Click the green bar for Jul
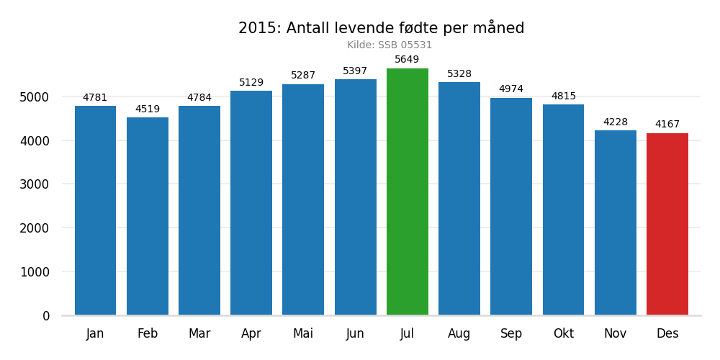(408, 192)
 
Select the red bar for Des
(667, 224)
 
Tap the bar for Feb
(148, 216)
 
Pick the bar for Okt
(563, 210)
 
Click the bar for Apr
(251, 203)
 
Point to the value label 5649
(407, 60)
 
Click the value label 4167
(667, 125)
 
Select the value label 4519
(148, 109)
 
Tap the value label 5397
(355, 71)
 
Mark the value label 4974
(511, 89)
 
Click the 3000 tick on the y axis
(35, 184)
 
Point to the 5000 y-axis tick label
(35, 97)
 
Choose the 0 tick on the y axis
(46, 316)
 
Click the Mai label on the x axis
(303, 334)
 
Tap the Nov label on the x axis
(615, 334)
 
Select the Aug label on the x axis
(459, 334)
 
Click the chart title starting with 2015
(382, 29)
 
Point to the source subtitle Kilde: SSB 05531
(390, 45)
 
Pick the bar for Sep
(511, 207)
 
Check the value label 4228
(616, 122)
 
